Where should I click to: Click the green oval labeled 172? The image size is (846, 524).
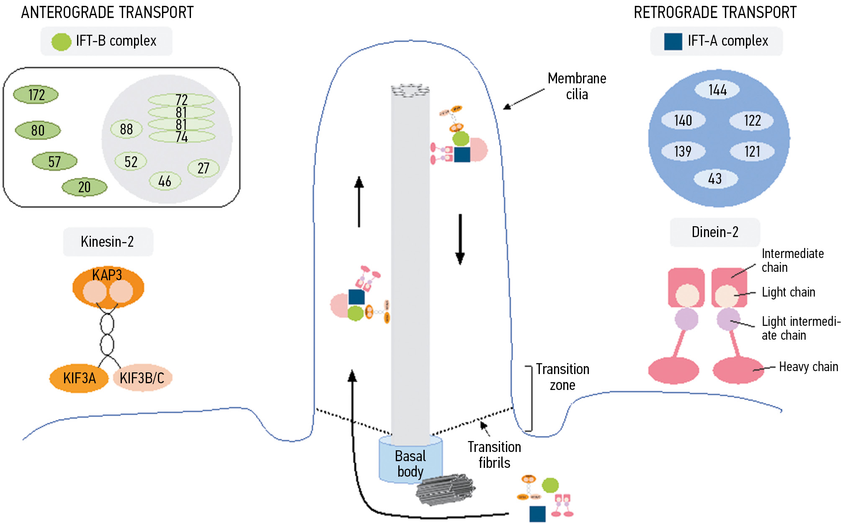tap(36, 95)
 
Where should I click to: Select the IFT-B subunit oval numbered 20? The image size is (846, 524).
tap(84, 187)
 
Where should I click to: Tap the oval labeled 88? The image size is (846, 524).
tap(126, 129)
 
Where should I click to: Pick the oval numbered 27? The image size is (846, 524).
tap(203, 168)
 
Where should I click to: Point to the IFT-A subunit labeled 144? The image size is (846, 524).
tap(717, 90)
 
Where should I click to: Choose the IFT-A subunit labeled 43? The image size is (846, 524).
tap(715, 178)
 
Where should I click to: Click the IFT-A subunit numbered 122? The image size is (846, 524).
tap(752, 121)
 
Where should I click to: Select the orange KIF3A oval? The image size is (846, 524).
tap(79, 378)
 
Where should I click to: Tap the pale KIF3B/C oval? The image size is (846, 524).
tap(142, 378)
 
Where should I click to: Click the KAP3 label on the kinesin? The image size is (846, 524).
tap(107, 275)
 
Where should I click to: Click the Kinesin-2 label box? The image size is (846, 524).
tap(108, 242)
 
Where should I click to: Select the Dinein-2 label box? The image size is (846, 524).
tap(715, 232)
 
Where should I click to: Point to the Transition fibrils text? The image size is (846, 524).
tap(494, 455)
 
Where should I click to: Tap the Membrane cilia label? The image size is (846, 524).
tap(577, 86)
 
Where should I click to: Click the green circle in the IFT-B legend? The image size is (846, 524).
tap(61, 42)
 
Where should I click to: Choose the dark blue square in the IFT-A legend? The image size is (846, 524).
tap(673, 41)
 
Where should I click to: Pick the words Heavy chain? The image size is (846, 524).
tap(808, 367)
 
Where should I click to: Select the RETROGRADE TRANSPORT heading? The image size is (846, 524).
tap(715, 13)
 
